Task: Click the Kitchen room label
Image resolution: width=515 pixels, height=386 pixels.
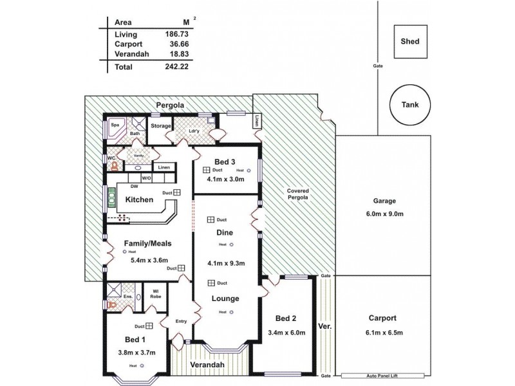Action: (139, 199)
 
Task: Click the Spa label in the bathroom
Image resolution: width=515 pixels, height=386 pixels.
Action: (116, 125)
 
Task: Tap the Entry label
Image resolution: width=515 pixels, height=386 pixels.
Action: (180, 322)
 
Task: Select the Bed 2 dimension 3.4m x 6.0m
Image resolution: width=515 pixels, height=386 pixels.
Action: (285, 333)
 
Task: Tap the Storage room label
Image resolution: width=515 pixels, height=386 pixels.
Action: (161, 126)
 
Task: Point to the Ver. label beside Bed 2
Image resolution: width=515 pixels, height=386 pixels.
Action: (324, 327)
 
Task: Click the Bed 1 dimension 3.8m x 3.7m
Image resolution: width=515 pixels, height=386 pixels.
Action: (136, 352)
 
